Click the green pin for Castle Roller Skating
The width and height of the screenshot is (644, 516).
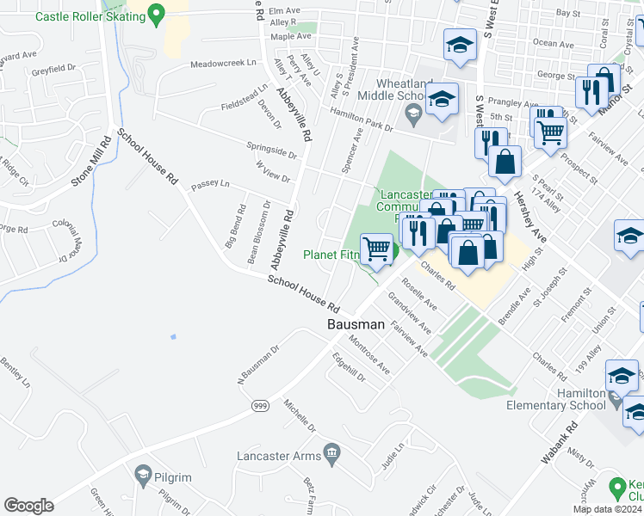coord(156,13)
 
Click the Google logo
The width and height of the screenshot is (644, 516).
coord(29,506)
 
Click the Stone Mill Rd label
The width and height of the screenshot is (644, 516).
coord(94,161)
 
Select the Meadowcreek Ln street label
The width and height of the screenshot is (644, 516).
coord(223,64)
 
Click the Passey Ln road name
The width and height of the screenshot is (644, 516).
coord(211,183)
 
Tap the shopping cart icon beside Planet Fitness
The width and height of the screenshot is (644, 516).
coord(376,249)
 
